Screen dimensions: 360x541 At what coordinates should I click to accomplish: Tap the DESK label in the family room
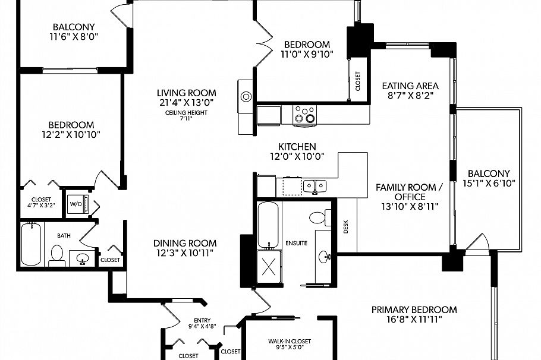pos(346,226)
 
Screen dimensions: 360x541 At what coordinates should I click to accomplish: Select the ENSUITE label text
pos(297,243)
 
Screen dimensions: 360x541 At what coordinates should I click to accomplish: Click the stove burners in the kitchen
pos(305,113)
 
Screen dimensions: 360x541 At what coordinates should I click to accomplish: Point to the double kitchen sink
pos(315,187)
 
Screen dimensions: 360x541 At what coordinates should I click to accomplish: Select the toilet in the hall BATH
pos(56,254)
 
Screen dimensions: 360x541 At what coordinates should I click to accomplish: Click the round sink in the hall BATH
pos(83,258)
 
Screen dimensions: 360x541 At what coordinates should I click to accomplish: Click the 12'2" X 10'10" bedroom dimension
pos(71,134)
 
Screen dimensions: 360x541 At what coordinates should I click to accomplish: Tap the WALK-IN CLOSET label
pos(290,342)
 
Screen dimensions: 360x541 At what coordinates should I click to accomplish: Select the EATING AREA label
pos(410,86)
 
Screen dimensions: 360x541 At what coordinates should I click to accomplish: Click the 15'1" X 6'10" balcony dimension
pos(488,184)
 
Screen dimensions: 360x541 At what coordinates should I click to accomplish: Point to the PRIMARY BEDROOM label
pos(414,310)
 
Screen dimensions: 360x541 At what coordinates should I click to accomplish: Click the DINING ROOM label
pos(185,243)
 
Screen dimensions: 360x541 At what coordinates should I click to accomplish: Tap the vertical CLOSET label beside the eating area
pos(357,81)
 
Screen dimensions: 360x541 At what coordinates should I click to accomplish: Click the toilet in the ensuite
pos(317,217)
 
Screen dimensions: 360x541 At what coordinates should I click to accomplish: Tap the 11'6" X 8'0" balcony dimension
pos(74,37)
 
